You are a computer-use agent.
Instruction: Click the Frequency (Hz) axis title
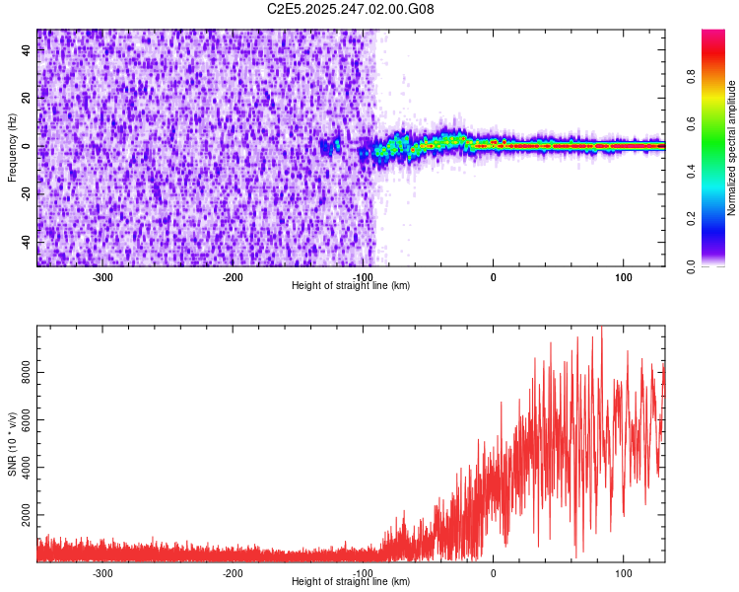[12, 147]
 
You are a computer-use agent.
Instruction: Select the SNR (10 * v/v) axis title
[12, 443]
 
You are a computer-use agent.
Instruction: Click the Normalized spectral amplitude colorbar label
[732, 148]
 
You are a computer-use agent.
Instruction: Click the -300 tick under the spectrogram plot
[102, 277]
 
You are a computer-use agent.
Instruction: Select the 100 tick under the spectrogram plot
[623, 277]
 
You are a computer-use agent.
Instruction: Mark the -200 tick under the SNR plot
[233, 573]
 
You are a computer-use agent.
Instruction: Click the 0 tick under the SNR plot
[493, 573]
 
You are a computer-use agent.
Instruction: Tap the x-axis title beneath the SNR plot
[351, 582]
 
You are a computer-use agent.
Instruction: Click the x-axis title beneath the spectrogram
[351, 285]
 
